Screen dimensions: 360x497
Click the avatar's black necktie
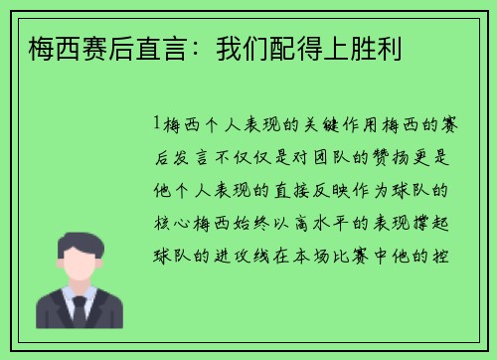pos(80,310)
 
